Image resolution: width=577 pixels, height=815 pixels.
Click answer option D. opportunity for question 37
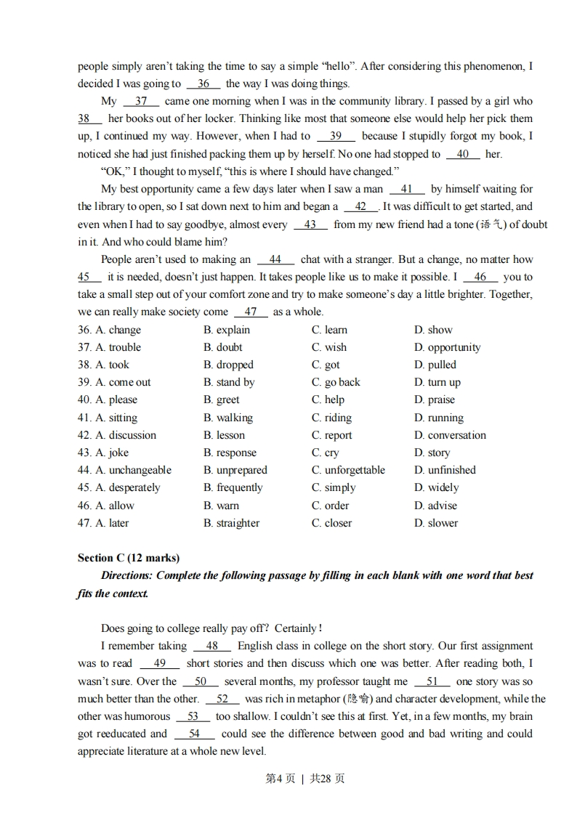pos(447,347)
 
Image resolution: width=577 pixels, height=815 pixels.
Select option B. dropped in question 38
pos(228,365)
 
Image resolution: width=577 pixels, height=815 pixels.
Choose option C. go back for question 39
pos(336,382)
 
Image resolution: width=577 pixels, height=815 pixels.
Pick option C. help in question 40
pos(328,400)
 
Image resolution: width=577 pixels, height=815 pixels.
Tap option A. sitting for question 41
pos(108,418)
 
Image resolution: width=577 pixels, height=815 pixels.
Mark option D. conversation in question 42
pos(450,435)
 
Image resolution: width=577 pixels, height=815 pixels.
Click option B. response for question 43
pos(230,453)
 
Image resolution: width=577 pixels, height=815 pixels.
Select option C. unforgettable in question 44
pos(348,470)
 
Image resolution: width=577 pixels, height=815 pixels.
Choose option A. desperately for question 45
pos(119,487)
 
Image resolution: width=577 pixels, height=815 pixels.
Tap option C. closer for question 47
pos(331,523)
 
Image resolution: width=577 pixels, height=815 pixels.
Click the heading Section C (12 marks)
pos(129,558)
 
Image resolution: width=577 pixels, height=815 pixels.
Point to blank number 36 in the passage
pos(203,84)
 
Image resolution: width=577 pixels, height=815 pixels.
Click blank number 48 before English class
pos(212,646)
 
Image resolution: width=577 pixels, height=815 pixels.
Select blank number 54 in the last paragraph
pos(194,734)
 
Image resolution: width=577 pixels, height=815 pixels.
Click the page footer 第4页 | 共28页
pos(305,779)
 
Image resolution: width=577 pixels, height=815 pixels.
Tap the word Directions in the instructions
pos(126,575)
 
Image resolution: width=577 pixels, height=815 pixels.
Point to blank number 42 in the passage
pos(360,206)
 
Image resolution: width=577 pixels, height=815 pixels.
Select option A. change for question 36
pos(110,330)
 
